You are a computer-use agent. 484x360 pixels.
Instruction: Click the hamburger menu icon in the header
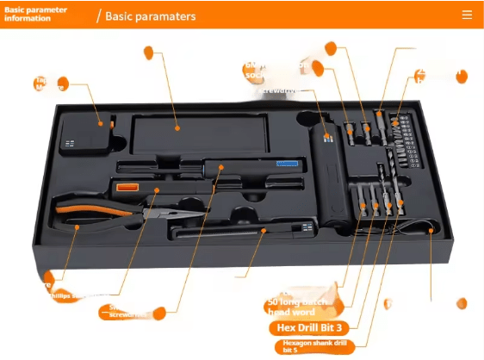point(467,15)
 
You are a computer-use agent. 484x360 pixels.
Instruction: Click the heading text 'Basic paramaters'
point(150,16)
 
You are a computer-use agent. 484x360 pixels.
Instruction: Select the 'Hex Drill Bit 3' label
point(309,327)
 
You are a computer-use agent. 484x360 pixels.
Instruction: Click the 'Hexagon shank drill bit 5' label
point(313,345)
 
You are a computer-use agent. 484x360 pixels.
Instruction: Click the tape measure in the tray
point(84,138)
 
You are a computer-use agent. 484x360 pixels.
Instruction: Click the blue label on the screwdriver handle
point(286,161)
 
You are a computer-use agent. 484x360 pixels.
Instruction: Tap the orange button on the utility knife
point(127,186)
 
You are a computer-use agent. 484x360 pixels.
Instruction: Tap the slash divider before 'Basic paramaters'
point(98,16)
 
